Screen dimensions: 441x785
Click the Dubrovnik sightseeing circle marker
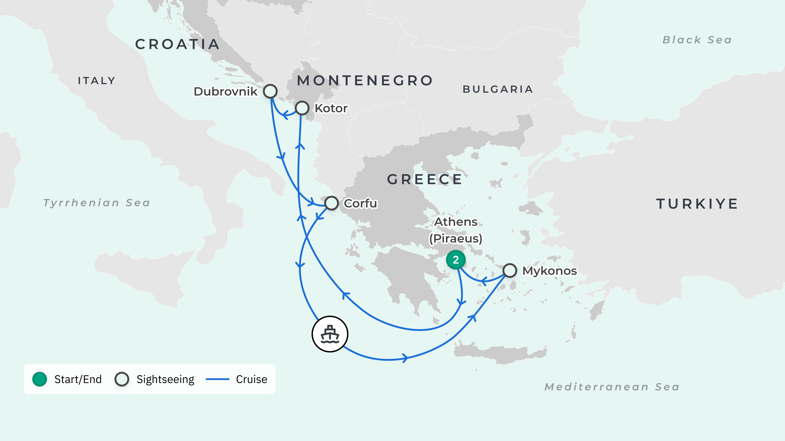tap(270, 91)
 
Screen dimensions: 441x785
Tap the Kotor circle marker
tap(302, 108)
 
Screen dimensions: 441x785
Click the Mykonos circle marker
tap(509, 270)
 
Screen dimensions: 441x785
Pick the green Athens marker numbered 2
tap(456, 260)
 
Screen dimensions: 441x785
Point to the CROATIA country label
tap(177, 45)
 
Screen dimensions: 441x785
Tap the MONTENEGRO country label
tap(365, 81)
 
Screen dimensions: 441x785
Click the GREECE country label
tap(425, 180)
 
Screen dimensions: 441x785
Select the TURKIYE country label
tap(697, 204)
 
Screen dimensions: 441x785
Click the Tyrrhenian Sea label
tap(97, 203)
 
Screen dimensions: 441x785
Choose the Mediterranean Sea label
tap(612, 387)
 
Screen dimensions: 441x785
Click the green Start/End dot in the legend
tap(40, 379)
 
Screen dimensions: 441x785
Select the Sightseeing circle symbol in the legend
tap(122, 379)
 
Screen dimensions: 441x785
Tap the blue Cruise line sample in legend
tap(217, 379)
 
